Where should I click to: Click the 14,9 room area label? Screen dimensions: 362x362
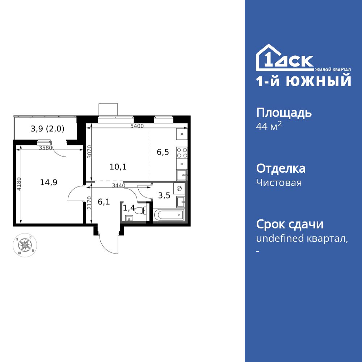[x=49, y=182]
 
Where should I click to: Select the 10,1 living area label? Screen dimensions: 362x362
[x=118, y=167]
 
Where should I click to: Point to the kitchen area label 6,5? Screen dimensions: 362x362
[x=163, y=152]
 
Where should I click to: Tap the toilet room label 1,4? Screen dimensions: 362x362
[x=129, y=208]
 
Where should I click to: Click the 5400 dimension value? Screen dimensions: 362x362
[x=137, y=126]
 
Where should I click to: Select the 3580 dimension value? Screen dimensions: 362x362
[x=46, y=148]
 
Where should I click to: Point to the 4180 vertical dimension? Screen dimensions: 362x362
[x=18, y=184]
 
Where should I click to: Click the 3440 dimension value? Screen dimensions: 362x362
[x=119, y=186]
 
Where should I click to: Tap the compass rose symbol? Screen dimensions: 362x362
[x=25, y=245]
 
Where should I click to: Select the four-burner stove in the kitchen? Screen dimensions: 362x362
[x=182, y=153]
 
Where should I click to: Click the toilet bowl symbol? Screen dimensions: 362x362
[x=140, y=210]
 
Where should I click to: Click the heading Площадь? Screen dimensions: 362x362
[x=284, y=113]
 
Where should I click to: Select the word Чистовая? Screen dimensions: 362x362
[x=279, y=183]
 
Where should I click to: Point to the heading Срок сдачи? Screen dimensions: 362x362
[x=290, y=224]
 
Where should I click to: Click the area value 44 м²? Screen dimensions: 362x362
[x=268, y=127]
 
